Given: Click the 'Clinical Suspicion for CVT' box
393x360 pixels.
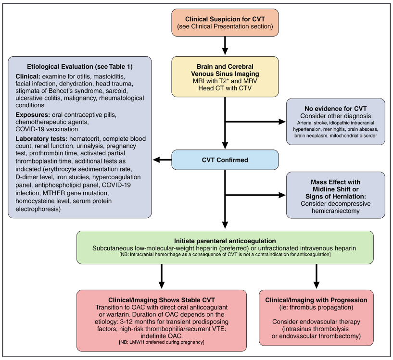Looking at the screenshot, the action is pos(225,23).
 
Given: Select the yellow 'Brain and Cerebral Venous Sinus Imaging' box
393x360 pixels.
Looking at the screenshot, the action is pos(225,76).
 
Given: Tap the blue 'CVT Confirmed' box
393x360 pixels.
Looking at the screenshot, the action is pos(225,160).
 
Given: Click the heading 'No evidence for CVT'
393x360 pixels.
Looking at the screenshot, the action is pos(336,109).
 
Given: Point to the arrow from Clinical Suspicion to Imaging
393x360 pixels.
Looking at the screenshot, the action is pos(225,45).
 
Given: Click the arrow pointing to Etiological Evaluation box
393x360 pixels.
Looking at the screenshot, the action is pos(162,160).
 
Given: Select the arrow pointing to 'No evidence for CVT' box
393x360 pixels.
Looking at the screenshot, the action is pos(255,122).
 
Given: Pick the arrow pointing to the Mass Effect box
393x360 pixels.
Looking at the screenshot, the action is pos(255,195).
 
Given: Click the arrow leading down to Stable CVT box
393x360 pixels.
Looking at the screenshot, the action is pos(162,276).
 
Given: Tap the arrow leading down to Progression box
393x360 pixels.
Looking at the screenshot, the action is pos(317,276).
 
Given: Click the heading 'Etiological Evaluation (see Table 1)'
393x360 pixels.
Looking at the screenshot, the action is pos(80,67).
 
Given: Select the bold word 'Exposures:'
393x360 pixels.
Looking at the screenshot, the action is pos(33,115).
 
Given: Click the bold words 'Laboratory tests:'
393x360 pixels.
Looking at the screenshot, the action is pos(41,139).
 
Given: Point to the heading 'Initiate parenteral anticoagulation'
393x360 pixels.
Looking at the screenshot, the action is pos(225,241).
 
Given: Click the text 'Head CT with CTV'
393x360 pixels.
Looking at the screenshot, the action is pos(225,88).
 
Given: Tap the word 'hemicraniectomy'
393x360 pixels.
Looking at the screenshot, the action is pos(336,211).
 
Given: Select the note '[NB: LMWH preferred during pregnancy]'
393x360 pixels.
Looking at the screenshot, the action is pos(162,342).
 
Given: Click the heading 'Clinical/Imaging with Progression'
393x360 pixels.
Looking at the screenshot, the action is pos(316,300).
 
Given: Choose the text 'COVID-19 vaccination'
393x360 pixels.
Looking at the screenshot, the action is pos(47,129).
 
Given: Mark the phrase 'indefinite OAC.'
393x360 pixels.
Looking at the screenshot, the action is pos(162,336).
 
